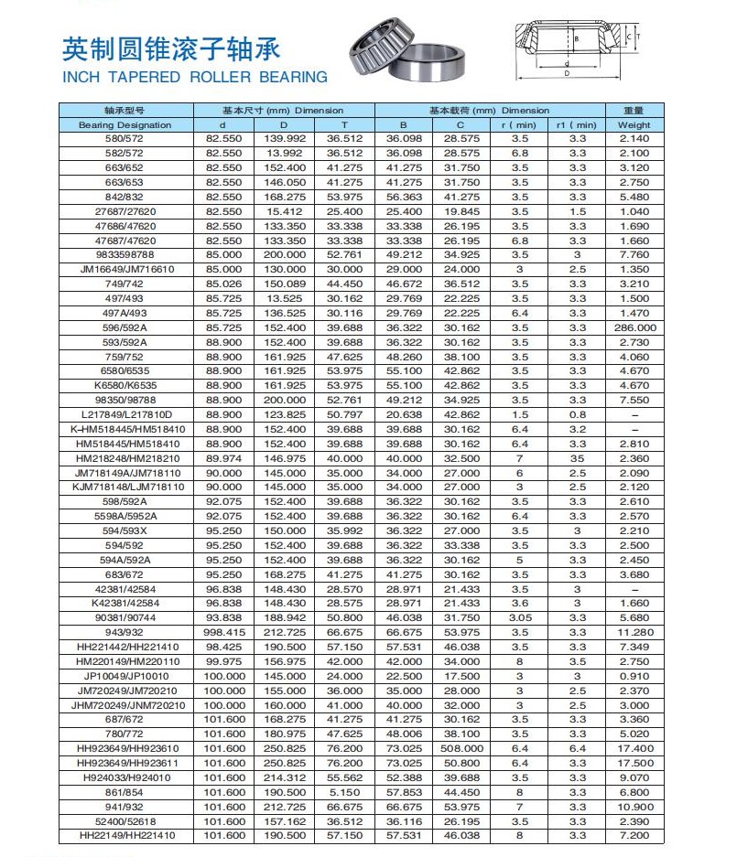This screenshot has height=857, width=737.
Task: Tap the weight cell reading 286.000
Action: click(x=634, y=327)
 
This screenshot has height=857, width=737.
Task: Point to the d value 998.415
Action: click(x=222, y=633)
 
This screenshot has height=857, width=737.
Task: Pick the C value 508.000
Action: click(x=461, y=748)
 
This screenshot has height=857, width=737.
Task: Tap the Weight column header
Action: click(x=634, y=124)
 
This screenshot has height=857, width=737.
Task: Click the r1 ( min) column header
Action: click(x=576, y=124)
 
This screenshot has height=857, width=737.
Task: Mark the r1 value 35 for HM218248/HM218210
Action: click(x=577, y=458)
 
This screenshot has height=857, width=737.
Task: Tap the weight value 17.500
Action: click(x=634, y=763)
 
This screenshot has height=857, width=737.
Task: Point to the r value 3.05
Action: click(x=519, y=618)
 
